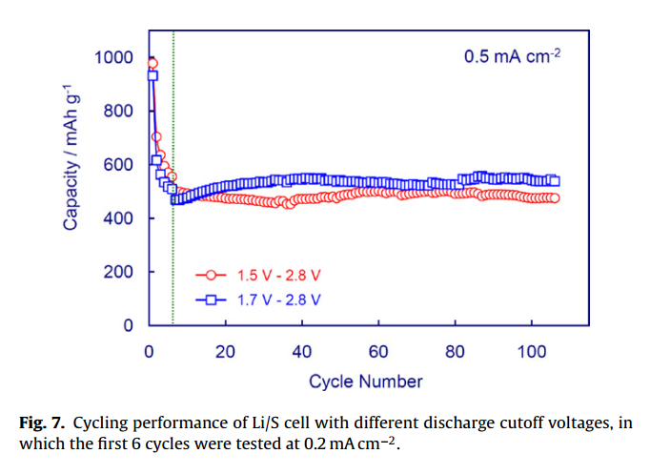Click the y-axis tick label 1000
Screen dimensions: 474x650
(x=115, y=58)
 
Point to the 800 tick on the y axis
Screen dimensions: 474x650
(x=119, y=112)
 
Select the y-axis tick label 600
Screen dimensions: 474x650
(x=119, y=165)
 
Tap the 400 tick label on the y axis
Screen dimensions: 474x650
(x=119, y=218)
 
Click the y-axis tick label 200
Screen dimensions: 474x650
(x=119, y=272)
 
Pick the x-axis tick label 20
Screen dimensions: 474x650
(x=225, y=350)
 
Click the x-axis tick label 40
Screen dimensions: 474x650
(x=301, y=350)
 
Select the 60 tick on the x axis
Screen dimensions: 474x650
(x=378, y=350)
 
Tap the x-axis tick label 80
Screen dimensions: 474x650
(x=455, y=350)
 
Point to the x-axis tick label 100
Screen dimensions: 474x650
(x=531, y=350)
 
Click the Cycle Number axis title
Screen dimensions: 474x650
(x=365, y=381)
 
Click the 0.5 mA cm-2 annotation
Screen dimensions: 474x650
(x=512, y=55)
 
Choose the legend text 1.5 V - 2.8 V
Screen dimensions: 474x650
(x=279, y=275)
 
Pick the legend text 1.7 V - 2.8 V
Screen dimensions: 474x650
(x=279, y=299)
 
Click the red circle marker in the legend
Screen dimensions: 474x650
(x=212, y=275)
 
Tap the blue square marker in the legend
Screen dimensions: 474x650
(x=212, y=299)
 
